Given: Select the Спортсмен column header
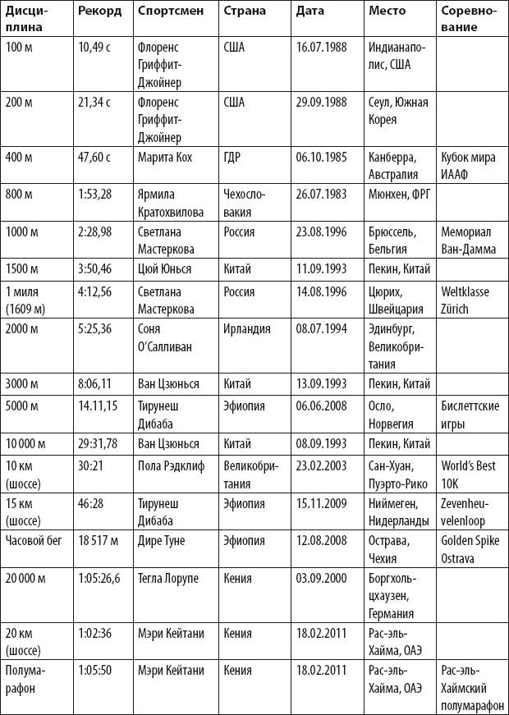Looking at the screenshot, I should pos(166,11).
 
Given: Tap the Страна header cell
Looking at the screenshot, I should pos(244,11).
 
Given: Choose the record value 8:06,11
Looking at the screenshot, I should pos(95,383).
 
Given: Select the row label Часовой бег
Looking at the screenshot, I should pos(34,541).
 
